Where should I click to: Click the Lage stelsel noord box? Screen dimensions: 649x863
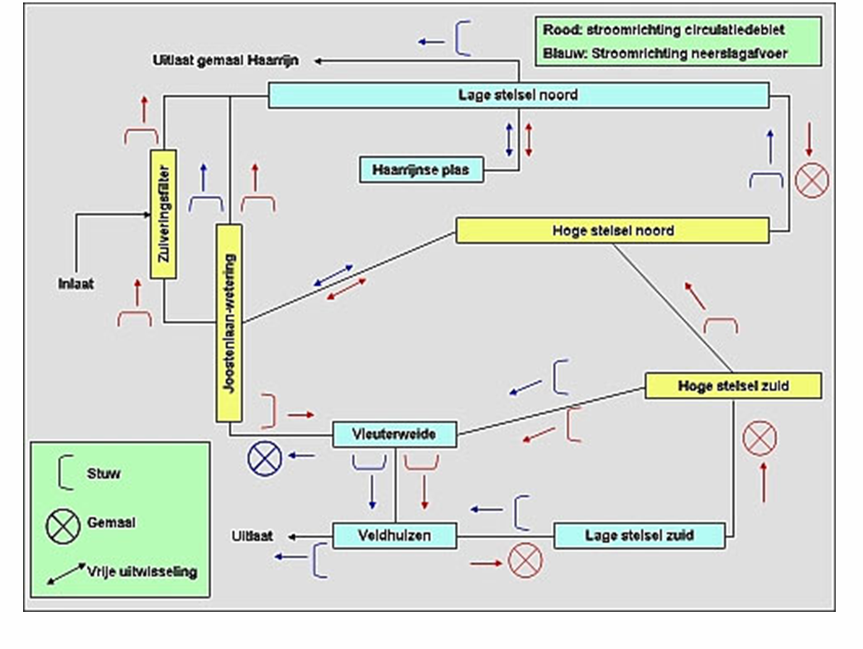(518, 95)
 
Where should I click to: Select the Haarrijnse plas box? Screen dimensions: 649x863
(420, 169)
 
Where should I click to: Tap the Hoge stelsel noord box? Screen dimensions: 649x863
(612, 231)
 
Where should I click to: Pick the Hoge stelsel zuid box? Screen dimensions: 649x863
(732, 386)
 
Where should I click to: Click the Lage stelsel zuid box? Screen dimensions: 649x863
(639, 535)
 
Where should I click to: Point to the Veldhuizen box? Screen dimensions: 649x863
(394, 535)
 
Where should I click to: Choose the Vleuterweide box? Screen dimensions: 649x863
(394, 434)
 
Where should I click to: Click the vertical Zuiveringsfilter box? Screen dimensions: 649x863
(164, 215)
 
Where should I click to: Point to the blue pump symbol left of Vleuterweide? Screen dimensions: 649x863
(265, 456)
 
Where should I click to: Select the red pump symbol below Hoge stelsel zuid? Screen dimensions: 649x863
(759, 437)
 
